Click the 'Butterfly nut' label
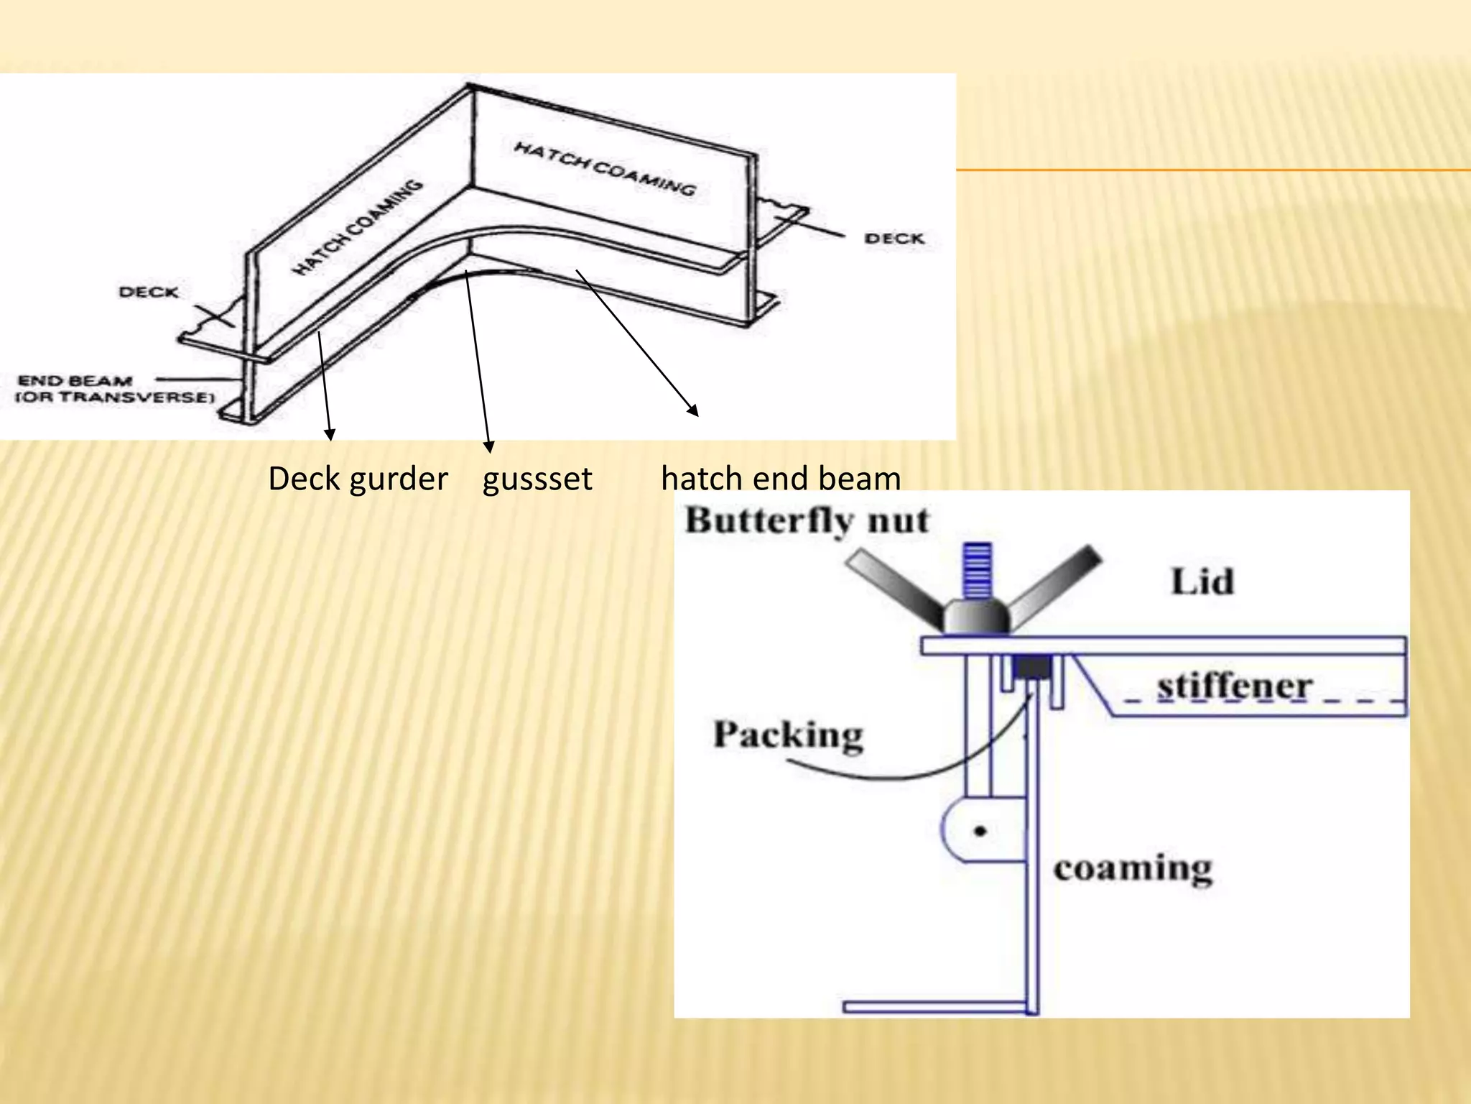806,520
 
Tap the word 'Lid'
1202,581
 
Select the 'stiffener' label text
1234,686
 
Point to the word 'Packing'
788,735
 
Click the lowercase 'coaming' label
1133,869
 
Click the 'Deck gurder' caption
358,479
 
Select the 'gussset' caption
537,479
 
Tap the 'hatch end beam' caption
781,479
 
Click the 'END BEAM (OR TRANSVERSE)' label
115,389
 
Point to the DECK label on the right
894,239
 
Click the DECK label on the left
149,292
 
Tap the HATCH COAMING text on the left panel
357,227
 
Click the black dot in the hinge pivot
980,832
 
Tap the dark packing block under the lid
1032,669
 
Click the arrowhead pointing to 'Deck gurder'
330,435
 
